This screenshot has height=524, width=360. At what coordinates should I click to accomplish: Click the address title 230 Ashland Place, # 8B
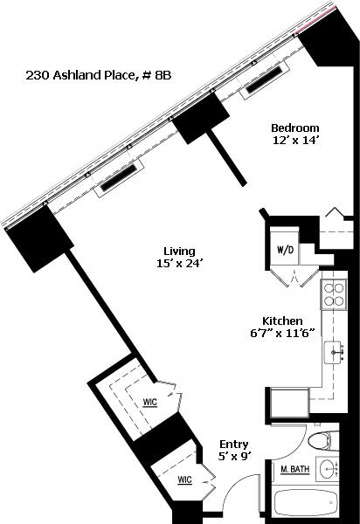click(x=99, y=75)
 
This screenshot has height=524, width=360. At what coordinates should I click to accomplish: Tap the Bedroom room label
click(x=294, y=128)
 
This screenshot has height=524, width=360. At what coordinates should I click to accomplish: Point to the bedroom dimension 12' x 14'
click(x=294, y=141)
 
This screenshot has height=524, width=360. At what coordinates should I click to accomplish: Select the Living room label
click(x=179, y=251)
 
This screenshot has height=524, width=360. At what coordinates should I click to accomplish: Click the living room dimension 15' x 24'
click(x=180, y=264)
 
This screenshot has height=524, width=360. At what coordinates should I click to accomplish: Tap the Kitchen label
click(x=282, y=321)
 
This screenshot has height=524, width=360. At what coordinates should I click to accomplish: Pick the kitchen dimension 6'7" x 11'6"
click(x=283, y=334)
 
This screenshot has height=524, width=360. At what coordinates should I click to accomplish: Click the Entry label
click(x=234, y=445)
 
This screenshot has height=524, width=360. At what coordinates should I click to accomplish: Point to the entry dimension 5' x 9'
click(x=234, y=456)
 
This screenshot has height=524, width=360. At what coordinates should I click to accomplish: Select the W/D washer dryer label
click(x=285, y=250)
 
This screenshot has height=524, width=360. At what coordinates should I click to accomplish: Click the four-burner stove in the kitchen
click(x=333, y=294)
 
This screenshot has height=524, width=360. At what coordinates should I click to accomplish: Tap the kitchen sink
click(x=334, y=353)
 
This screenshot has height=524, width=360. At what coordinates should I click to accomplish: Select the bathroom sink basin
click(x=328, y=470)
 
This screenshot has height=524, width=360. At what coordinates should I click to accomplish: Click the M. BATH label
click(x=294, y=470)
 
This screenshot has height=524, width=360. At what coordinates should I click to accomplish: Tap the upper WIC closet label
click(x=149, y=403)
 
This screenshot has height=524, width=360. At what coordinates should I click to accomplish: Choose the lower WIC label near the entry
click(x=185, y=480)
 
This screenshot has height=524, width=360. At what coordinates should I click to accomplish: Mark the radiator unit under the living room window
click(x=120, y=178)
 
